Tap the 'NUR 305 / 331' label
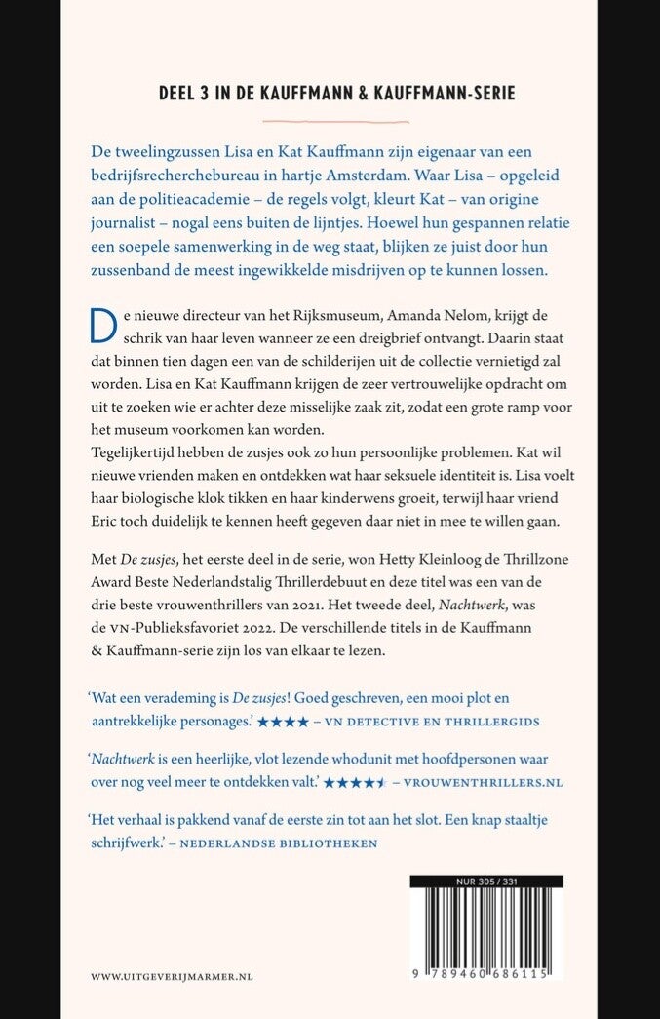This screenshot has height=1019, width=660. click(485, 882)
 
